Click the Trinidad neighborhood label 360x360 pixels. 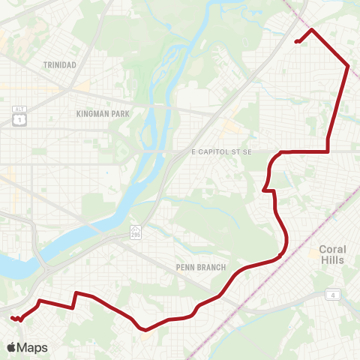pos(60,65)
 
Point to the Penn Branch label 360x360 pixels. pos(196,266)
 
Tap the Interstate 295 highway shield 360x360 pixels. pos(135,230)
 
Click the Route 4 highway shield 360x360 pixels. pos(331,295)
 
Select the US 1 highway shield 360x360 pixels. pos(19,119)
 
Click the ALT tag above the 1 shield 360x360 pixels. pos(19,109)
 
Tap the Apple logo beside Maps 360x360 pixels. pos(12,347)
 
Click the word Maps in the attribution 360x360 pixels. pos(32,347)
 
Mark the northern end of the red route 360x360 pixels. pos(297,41)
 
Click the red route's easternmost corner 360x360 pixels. pos(349,66)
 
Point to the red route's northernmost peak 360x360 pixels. pos(310,29)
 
